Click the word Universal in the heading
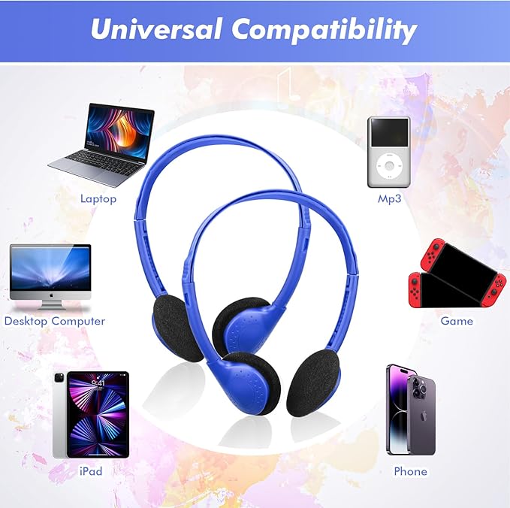155,29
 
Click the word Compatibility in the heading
324,30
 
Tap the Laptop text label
98,199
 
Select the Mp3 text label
389,199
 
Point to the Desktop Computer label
55,321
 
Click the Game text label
457,321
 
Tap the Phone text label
410,471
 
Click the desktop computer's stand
51,304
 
